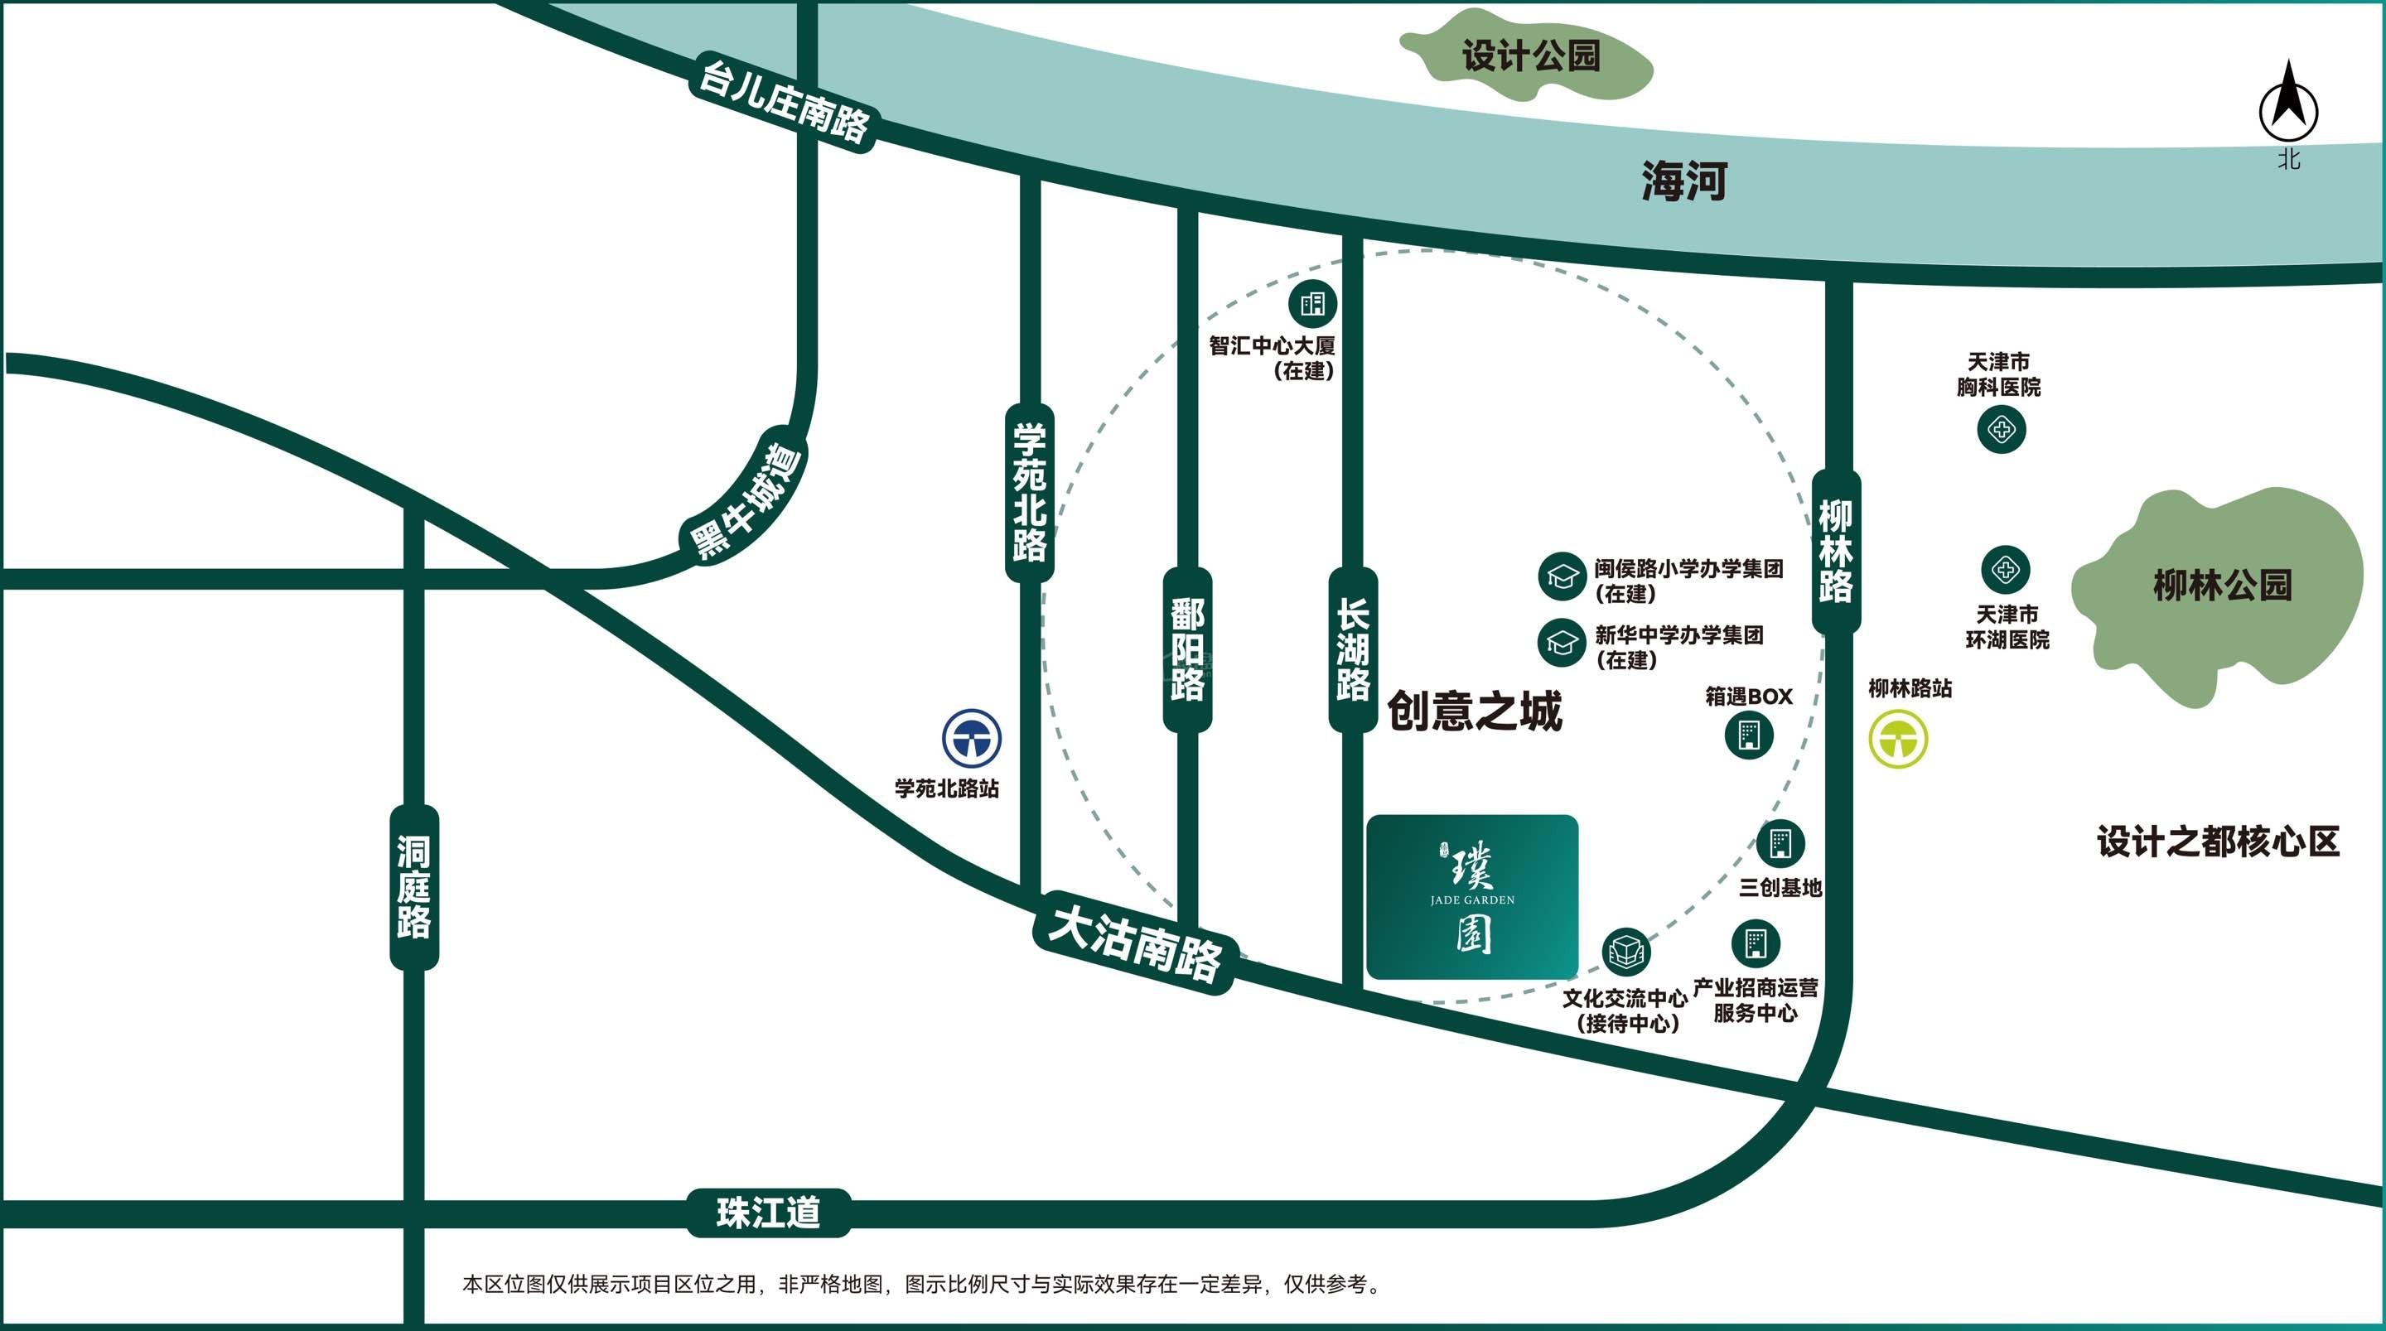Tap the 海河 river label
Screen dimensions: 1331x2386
click(1684, 181)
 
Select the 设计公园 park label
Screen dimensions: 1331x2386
click(1531, 55)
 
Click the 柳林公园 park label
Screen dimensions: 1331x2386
click(2222, 586)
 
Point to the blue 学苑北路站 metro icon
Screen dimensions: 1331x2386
click(972, 738)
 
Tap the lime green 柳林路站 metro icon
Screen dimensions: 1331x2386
click(1898, 738)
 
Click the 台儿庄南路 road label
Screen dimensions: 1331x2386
click(783, 102)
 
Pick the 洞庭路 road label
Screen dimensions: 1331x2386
click(414, 887)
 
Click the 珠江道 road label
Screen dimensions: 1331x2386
click(768, 1213)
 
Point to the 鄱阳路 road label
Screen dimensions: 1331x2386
click(1187, 649)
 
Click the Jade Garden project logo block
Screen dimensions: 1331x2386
click(1472, 897)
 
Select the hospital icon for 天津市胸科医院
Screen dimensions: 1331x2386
click(2001, 430)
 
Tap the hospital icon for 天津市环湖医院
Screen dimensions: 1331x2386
click(2005, 570)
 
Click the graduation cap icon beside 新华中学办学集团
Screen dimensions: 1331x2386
click(1562, 642)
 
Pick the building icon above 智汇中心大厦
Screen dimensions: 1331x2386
click(1313, 303)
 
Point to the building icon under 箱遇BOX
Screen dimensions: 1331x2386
click(1749, 735)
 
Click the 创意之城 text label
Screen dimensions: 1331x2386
click(1474, 711)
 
